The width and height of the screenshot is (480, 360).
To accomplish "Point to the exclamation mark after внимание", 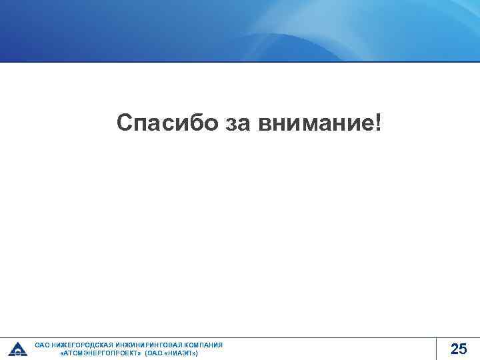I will click(379, 121).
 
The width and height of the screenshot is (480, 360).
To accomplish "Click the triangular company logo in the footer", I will click(17, 349).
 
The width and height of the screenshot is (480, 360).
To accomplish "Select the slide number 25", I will click(459, 348).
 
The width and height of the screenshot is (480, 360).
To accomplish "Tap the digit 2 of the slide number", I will click(454, 348).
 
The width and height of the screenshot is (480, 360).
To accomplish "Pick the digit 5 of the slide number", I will click(463, 348).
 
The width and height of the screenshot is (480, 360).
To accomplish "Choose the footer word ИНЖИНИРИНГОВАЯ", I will click(141, 345).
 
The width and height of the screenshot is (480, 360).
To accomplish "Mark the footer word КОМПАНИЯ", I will click(199, 345).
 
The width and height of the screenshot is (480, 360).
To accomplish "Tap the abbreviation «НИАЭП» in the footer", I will click(179, 353).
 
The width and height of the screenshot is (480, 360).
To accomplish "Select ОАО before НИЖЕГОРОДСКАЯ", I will click(42, 345).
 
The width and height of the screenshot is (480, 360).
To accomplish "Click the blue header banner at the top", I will click(240, 30).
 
